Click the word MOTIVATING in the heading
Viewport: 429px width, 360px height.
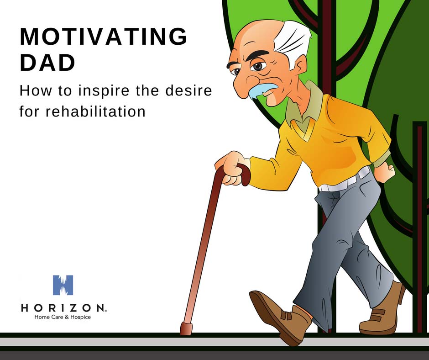click(104, 36)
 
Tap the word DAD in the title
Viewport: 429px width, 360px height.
click(47, 63)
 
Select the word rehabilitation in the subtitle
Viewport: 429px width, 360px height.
click(95, 111)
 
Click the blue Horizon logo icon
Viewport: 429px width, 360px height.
click(63, 285)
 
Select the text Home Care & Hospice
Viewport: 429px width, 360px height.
click(63, 317)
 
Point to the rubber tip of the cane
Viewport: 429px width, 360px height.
click(186, 329)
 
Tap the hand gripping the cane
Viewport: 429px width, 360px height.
click(232, 168)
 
